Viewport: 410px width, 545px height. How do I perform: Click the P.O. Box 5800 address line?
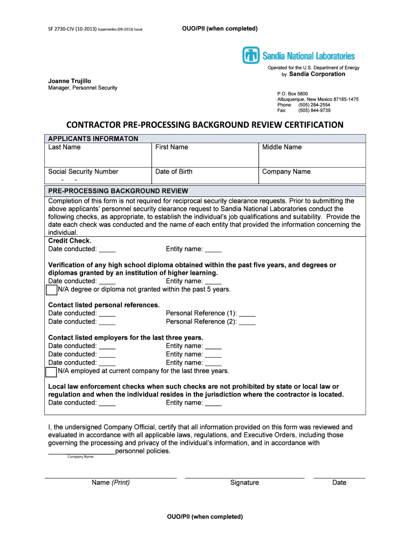(292, 94)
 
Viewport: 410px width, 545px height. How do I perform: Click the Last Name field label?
(64, 147)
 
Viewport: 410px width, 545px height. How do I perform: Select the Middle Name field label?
(282, 147)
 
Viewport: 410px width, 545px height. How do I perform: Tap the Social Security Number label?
(83, 172)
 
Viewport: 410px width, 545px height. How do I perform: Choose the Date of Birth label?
(174, 172)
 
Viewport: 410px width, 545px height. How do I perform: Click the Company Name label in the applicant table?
(286, 172)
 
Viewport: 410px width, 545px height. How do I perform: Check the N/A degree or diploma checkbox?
(51, 290)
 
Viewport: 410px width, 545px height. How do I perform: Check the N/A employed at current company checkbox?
(51, 371)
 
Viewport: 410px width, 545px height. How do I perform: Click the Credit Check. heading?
(70, 241)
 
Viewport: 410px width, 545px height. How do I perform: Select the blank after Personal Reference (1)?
(247, 313)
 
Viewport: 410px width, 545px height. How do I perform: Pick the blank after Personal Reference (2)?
(247, 322)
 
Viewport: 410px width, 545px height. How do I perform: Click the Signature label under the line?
(244, 483)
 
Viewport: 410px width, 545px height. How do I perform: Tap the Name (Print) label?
(110, 483)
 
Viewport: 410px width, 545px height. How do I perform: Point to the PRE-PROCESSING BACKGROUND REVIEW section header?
(118, 191)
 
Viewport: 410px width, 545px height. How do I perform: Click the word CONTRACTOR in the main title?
(93, 125)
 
